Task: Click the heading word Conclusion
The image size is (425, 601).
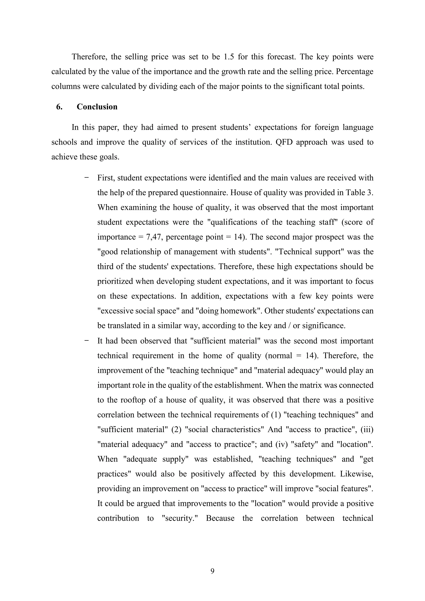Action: pyautogui.click(x=97, y=107)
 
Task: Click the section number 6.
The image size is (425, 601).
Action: pyautogui.click(x=59, y=107)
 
